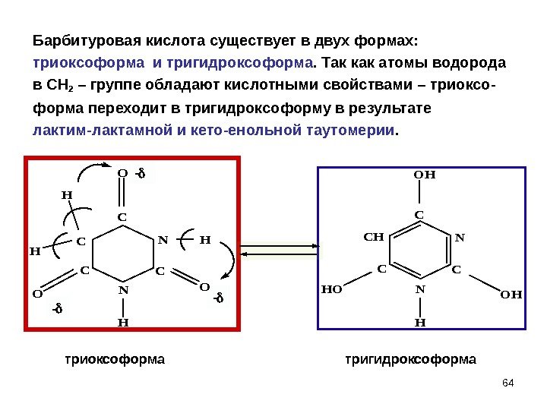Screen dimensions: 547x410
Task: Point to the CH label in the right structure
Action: point(373,237)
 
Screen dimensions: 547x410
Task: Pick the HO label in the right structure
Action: point(333,289)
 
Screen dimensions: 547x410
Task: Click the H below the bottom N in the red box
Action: point(122,322)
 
